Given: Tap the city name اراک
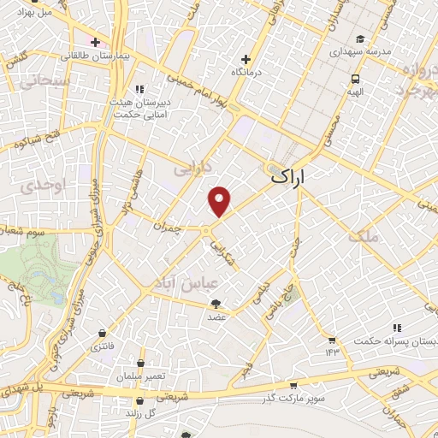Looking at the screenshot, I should tap(288, 178).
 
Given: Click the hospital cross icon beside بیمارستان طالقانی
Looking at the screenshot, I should tap(95, 41).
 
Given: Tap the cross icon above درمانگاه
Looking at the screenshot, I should tap(246, 59).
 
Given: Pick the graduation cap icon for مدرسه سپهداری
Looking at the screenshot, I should tap(360, 38).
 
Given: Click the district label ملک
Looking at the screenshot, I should tap(363, 235).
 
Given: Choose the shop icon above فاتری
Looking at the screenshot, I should tap(103, 334).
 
